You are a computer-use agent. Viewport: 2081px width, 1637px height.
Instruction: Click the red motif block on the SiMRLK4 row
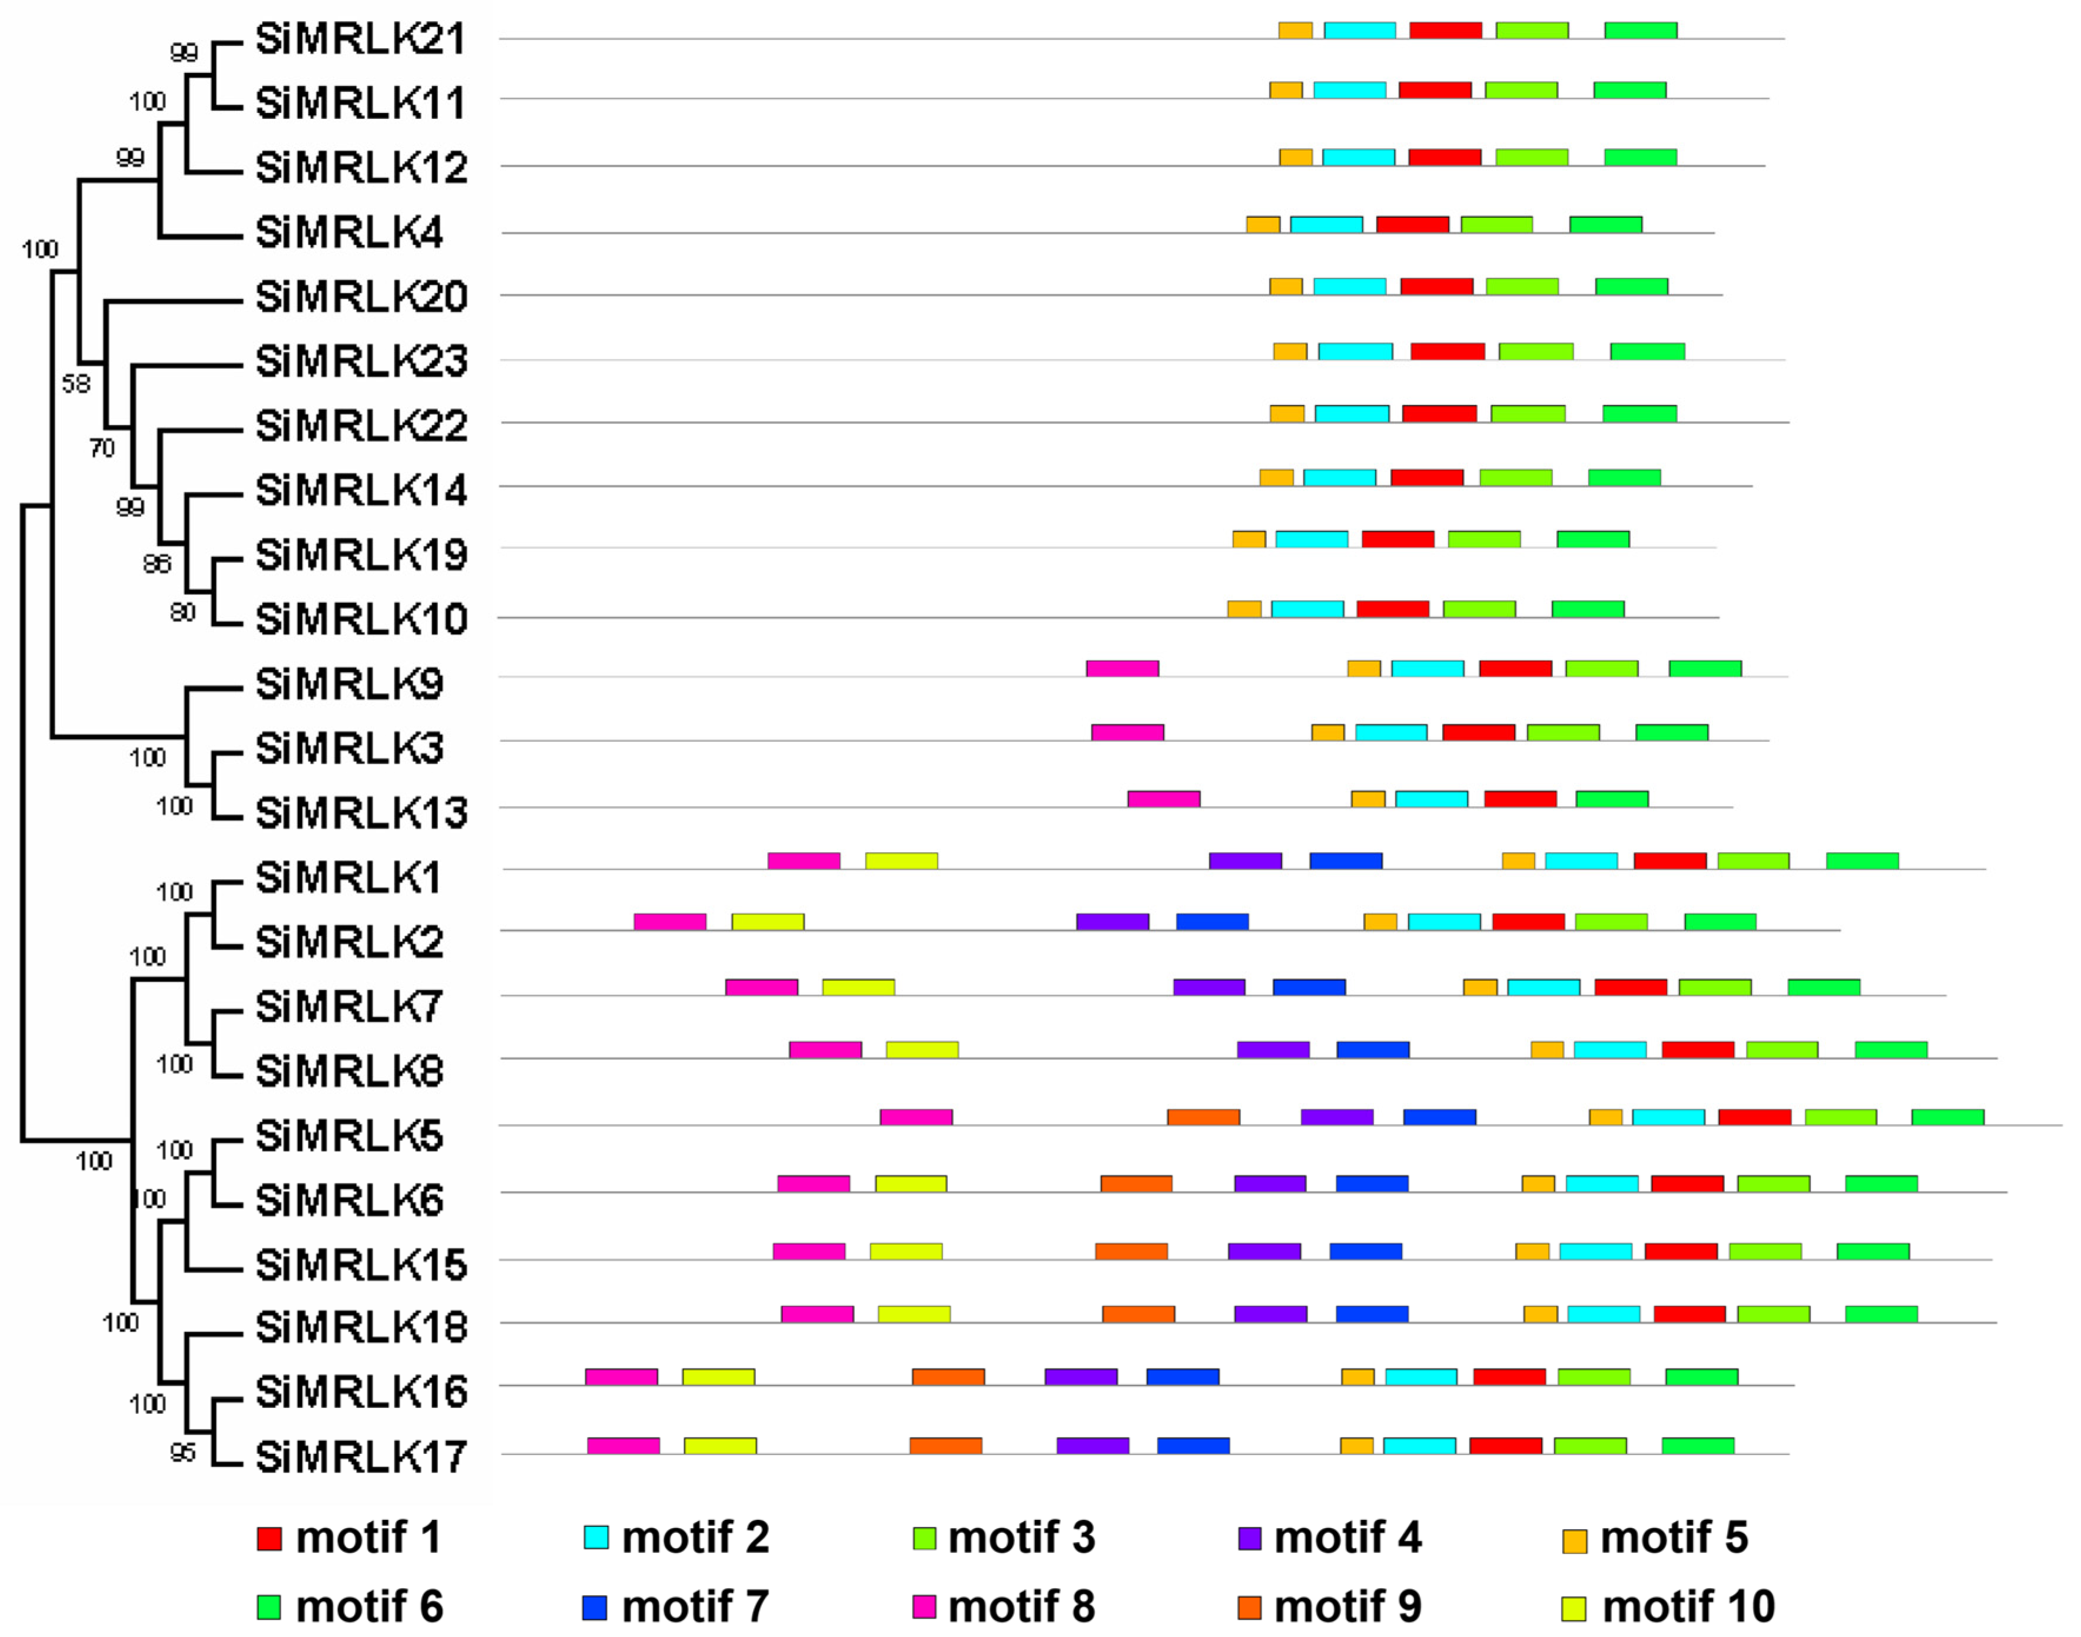1412,224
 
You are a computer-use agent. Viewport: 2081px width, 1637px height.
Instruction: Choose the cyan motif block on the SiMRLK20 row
1349,287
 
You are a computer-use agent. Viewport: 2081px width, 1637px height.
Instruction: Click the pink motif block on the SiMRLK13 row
1163,798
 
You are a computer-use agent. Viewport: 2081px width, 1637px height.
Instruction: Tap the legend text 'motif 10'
1688,1606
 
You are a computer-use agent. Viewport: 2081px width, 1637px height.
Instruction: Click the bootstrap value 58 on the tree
76,385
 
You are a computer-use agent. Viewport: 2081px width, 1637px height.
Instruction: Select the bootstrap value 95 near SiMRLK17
182,1452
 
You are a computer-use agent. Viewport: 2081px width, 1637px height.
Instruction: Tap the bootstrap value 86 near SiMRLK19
156,564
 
